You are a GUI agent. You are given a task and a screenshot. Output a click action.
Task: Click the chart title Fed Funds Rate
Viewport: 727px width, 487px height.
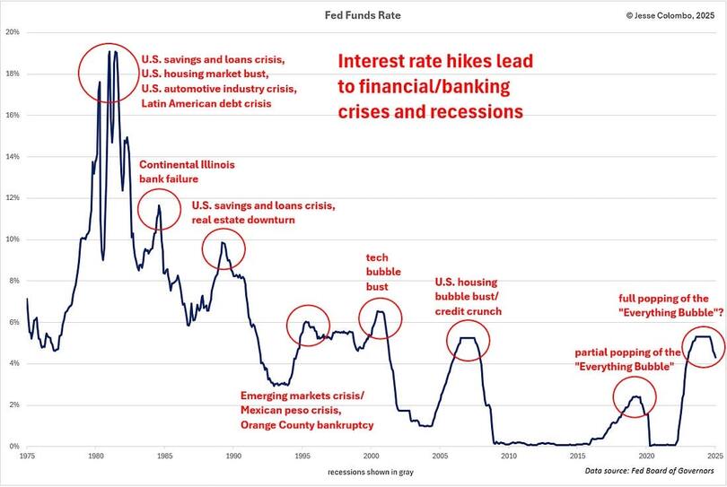click(364, 16)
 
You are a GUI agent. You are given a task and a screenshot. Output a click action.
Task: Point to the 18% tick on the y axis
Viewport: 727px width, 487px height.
click(13, 74)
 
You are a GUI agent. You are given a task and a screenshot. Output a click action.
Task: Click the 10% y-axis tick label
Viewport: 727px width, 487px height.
click(13, 239)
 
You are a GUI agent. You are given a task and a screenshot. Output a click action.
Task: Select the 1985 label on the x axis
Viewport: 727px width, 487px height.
click(164, 456)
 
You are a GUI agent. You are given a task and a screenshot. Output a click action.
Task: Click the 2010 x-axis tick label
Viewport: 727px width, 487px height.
click(508, 456)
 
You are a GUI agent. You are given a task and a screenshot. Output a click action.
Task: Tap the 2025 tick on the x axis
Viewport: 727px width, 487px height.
click(714, 456)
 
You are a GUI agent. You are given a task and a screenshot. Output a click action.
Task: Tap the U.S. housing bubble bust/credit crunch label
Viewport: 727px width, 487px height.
click(468, 296)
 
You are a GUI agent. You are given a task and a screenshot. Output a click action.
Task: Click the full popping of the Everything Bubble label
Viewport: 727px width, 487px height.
click(664, 305)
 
